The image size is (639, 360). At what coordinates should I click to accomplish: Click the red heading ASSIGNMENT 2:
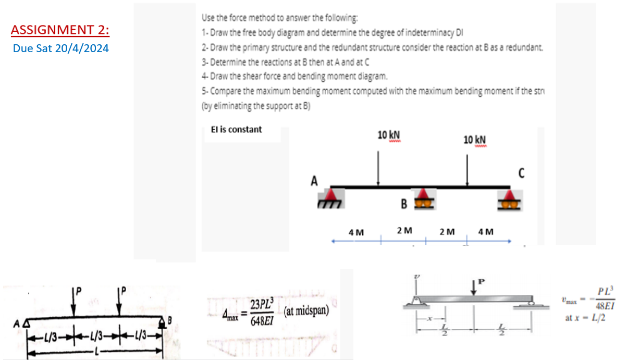coord(60,30)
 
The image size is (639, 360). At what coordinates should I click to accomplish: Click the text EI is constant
coord(236,129)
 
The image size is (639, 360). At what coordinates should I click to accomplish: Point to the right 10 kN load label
coord(475,140)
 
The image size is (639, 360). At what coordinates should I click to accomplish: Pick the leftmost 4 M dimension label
coord(356,231)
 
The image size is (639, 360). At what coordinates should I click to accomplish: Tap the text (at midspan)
coord(307,312)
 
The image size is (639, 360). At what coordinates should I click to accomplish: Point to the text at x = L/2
coord(585,318)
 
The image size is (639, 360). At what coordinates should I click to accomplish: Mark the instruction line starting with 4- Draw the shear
coord(294,76)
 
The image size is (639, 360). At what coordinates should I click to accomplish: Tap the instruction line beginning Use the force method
coord(279,18)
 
